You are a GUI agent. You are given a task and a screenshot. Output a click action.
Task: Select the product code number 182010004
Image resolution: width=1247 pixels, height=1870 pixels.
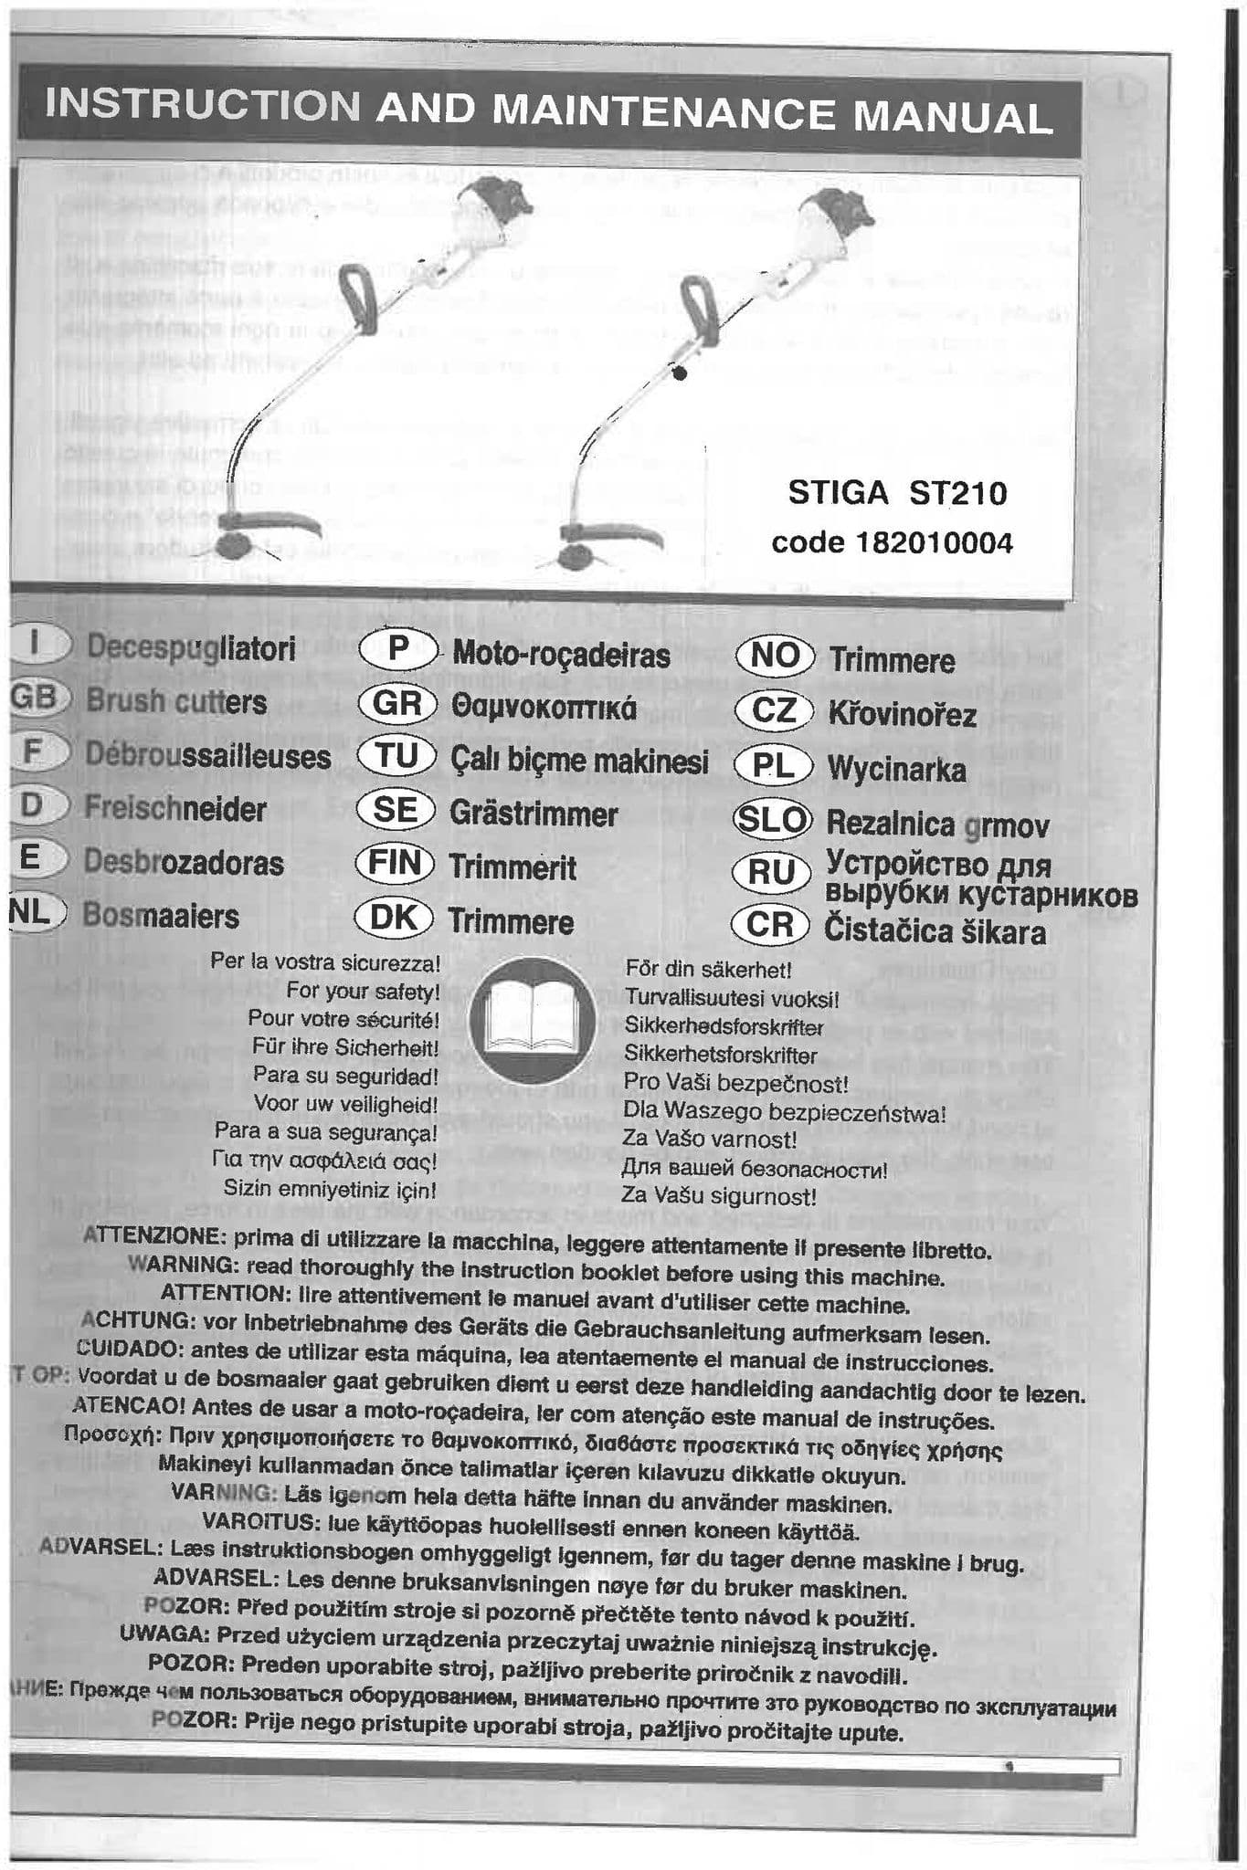pos(935,543)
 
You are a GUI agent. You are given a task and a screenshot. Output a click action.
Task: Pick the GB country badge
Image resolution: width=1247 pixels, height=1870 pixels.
pos(35,698)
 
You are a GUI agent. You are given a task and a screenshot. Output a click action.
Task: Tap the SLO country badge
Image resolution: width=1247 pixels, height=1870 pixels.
pos(773,820)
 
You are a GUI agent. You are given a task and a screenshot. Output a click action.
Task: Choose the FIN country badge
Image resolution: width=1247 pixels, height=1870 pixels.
pos(396,863)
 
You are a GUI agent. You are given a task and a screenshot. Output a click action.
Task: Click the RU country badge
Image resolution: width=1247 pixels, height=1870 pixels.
pos(773,873)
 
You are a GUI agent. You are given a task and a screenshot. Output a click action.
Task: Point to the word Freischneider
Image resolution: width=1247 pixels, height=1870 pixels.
pos(175,808)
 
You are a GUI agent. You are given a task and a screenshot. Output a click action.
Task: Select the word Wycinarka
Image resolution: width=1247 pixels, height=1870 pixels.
pos(896,769)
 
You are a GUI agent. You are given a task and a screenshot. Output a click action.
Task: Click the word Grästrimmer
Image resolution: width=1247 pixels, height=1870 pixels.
pos(534,813)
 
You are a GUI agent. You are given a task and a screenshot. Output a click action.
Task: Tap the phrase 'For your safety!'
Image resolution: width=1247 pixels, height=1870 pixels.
pos(363,991)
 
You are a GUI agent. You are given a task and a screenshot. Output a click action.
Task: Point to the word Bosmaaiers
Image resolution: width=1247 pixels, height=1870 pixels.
pos(161,916)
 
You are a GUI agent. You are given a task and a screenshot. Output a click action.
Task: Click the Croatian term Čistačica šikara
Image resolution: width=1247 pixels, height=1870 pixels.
pos(935,931)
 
